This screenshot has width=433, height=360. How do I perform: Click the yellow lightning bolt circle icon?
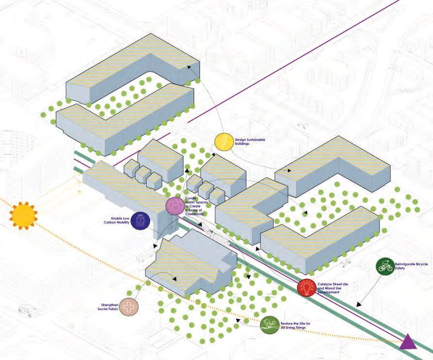(x=224, y=142)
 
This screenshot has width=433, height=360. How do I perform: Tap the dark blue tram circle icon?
(x=140, y=221)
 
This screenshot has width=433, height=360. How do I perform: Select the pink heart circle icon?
(x=174, y=206)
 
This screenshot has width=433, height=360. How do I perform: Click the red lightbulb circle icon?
(x=306, y=288)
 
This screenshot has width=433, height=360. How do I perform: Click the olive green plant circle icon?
(x=269, y=325)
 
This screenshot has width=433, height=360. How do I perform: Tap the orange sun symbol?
(x=23, y=216)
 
